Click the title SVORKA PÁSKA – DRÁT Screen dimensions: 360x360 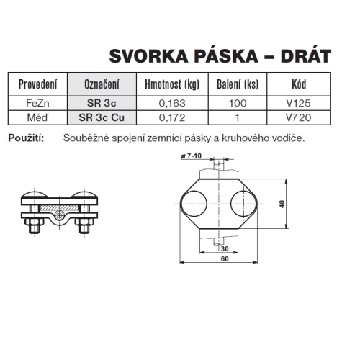[220, 55]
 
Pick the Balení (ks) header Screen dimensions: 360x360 [238, 84]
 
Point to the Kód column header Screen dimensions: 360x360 [297, 84]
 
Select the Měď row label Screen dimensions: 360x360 [37, 116]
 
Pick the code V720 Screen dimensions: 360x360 [297, 116]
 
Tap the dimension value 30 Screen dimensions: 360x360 [213, 248]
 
